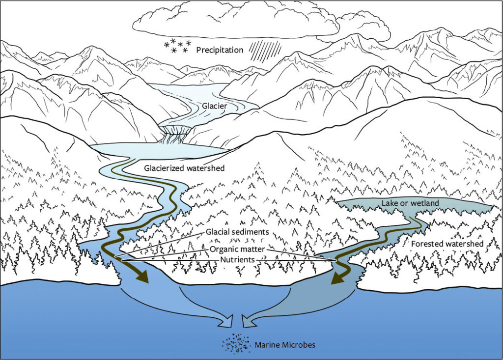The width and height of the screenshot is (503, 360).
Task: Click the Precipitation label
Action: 220,50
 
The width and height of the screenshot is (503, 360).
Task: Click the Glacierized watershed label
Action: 184,168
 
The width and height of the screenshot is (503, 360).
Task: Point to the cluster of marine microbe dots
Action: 236,344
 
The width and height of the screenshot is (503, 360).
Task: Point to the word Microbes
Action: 298,345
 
